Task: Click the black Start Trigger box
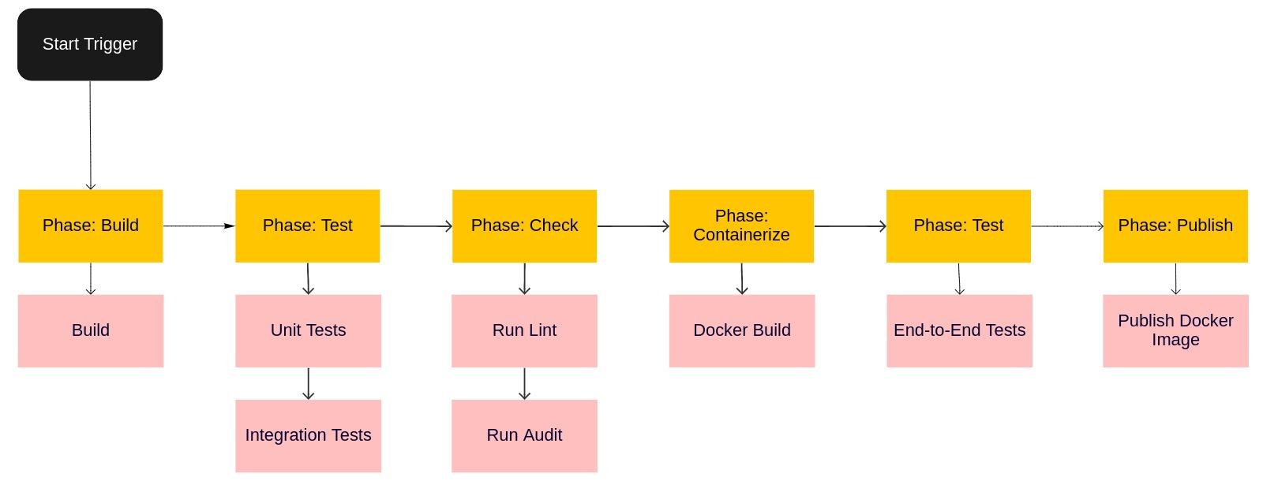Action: coord(90,44)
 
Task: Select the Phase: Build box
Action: coord(90,225)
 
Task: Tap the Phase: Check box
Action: coord(524,225)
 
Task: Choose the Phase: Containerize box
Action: coord(741,225)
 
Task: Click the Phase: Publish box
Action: coord(1175,225)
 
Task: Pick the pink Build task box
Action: coord(90,330)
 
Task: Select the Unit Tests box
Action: coord(308,330)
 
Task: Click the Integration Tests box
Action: coord(308,435)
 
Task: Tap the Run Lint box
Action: coord(524,330)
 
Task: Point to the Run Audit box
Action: coord(524,435)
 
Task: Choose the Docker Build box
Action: coord(741,330)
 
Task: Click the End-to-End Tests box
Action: coord(959,330)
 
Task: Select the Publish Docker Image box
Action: coord(1175,330)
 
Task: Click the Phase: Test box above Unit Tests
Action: coord(308,225)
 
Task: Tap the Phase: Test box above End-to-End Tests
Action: coord(958,225)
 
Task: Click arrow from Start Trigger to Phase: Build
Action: coord(90,134)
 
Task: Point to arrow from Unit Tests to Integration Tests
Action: coord(308,383)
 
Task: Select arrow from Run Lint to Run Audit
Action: coord(524,383)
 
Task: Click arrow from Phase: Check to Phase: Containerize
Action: coord(632,226)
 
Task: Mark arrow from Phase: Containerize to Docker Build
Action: coord(741,278)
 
